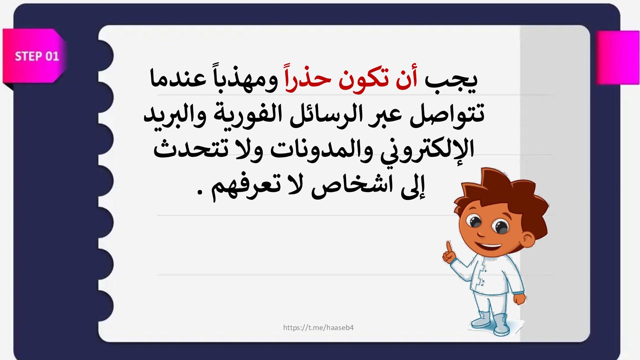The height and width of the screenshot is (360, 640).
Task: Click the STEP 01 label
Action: point(37,56)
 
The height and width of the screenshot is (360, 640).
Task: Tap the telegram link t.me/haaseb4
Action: point(318,328)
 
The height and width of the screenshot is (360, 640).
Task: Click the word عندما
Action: point(178,79)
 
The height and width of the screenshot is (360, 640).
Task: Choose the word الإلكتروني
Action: point(427,152)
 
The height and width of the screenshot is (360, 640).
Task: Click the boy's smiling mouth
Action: point(490,246)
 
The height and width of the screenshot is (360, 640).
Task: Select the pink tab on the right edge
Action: point(618,58)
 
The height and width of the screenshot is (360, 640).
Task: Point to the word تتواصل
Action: point(447,114)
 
